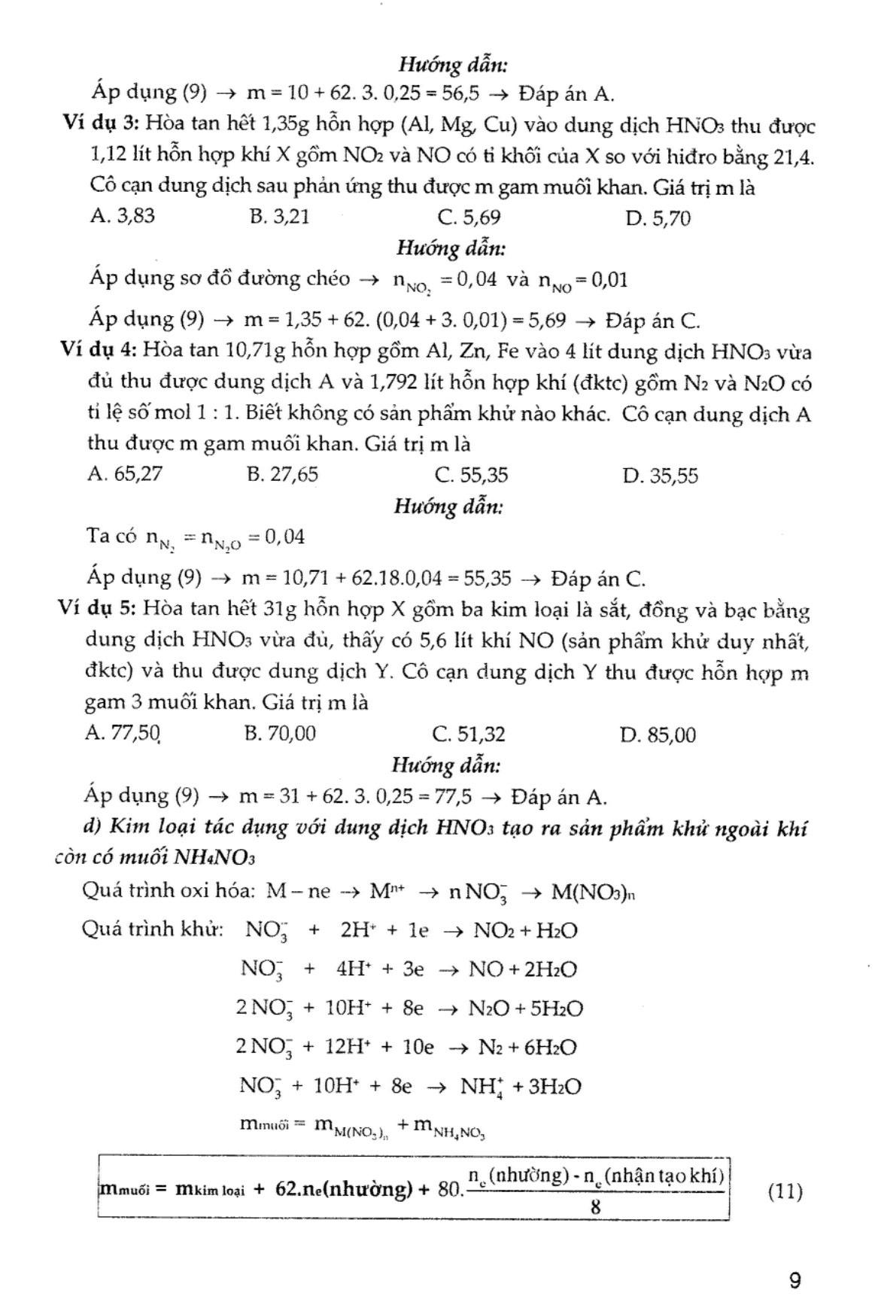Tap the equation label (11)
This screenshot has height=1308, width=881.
785,1191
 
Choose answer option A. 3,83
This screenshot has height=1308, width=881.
122,217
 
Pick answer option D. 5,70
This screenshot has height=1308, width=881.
658,218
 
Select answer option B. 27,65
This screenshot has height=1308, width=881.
282,474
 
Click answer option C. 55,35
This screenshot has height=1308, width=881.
471,475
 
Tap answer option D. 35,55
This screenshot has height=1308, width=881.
660,476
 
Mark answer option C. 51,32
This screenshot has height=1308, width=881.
469,734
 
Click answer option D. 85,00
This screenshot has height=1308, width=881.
658,735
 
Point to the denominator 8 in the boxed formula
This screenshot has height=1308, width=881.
596,1208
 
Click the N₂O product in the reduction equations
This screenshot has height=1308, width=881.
488,1008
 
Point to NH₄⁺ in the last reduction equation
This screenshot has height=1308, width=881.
463,1087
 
